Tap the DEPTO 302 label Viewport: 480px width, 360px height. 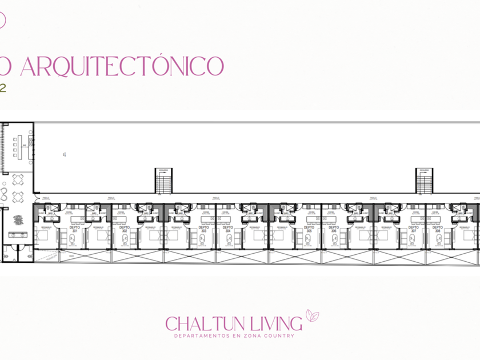coord(124,229)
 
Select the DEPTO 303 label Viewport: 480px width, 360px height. coord(203,229)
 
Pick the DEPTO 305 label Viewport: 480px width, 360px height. coord(309,229)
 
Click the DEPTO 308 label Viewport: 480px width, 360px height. coord(438,229)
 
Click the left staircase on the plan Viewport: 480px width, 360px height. coord(163,181)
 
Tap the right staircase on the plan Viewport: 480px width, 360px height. coord(423,181)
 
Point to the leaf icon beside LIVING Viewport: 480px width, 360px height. coord(312,315)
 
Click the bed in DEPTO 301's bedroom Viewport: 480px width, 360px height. coord(46,235)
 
